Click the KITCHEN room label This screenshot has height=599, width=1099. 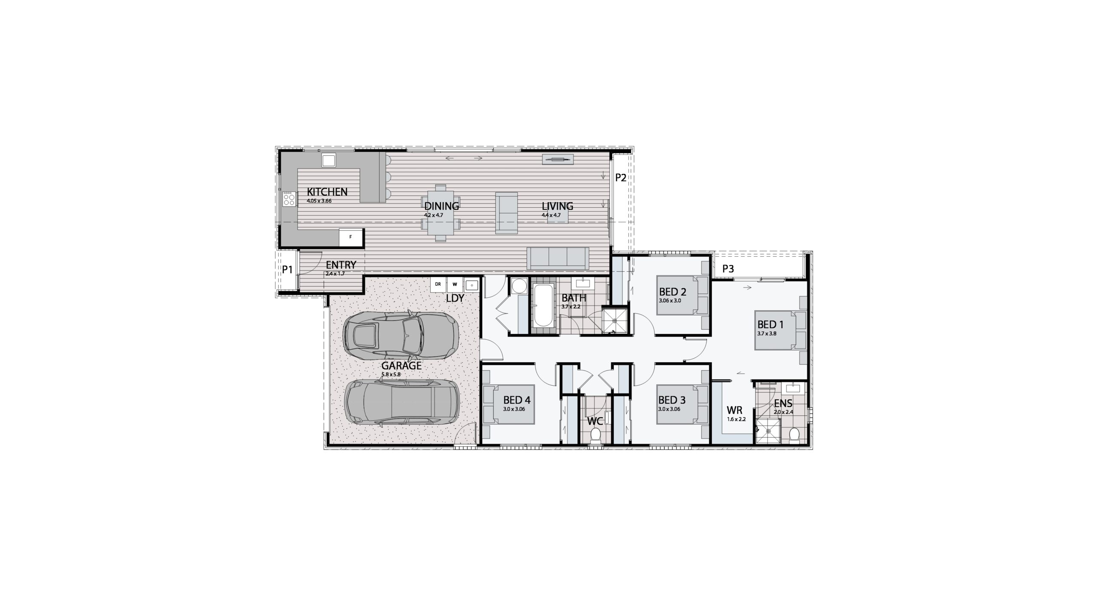coord(327,191)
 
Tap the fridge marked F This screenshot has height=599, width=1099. coord(351,237)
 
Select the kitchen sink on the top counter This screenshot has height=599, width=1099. coord(329,160)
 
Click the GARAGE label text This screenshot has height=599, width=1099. coord(401,366)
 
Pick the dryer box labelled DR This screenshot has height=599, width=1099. coord(438,284)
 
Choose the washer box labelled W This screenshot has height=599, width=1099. coord(455,284)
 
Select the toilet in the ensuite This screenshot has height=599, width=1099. coord(794,435)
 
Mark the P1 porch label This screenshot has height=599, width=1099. coord(287,269)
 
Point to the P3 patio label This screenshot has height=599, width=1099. coord(728,269)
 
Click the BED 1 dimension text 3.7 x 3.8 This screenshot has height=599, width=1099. coord(767,333)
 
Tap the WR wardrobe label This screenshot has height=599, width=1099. coord(734,411)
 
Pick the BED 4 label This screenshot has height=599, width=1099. coord(517,400)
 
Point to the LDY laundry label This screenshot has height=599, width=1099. coord(455,298)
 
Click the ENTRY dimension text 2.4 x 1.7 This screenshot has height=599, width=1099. coord(335,273)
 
